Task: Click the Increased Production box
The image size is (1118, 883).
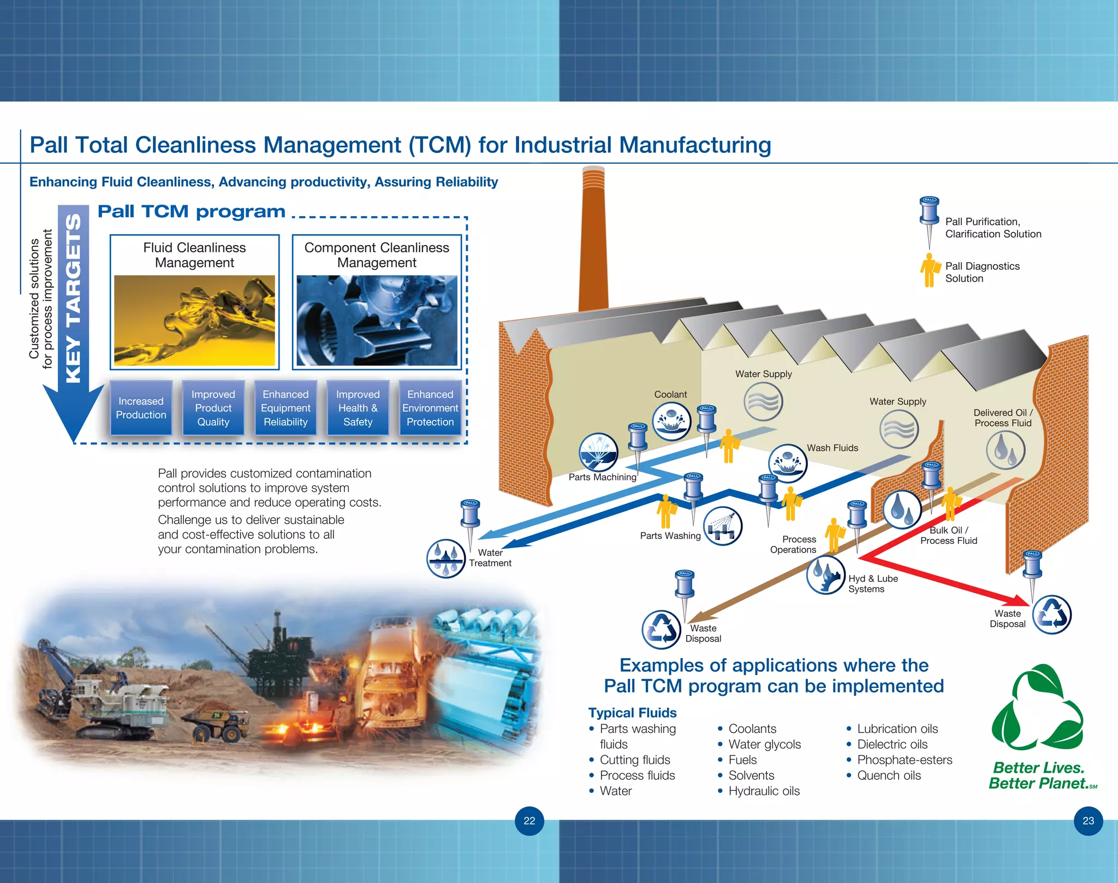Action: [141, 408]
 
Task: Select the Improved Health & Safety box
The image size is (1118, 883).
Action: [358, 408]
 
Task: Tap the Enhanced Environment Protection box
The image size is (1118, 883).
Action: [430, 408]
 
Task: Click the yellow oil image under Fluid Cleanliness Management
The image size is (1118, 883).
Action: [194, 321]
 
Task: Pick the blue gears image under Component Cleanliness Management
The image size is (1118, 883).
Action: [377, 321]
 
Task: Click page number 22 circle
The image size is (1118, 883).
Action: [530, 821]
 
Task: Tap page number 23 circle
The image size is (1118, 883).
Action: [1088, 821]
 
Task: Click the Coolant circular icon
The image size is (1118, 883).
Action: [671, 422]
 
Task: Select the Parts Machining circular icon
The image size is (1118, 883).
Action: [598, 452]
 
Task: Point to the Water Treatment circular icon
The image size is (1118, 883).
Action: [446, 559]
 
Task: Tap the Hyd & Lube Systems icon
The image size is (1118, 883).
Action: [826, 575]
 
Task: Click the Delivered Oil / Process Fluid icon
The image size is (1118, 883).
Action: [1006, 451]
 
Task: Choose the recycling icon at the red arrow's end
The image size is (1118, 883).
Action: [1052, 615]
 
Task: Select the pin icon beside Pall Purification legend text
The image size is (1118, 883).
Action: [929, 221]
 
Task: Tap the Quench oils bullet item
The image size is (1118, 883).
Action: [888, 775]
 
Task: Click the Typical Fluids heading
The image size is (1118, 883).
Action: [632, 713]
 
